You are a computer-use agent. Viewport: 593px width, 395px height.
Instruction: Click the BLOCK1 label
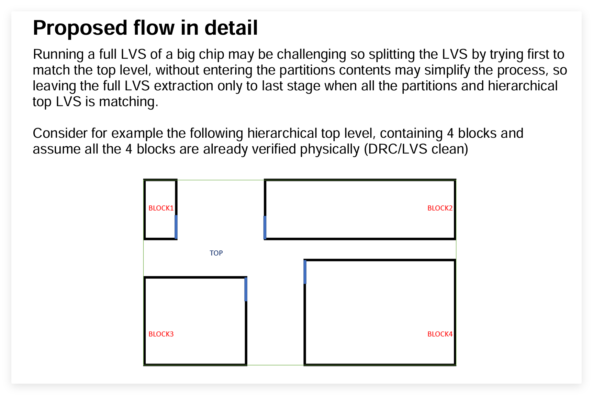(x=161, y=208)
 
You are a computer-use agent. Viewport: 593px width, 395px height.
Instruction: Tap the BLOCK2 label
(x=440, y=208)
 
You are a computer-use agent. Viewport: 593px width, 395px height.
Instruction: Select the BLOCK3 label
(x=161, y=334)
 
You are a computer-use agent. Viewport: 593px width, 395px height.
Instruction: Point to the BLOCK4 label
(x=440, y=334)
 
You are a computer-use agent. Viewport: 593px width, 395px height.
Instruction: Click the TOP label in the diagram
(x=216, y=253)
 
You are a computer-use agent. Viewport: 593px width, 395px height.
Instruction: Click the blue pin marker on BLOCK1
(x=176, y=227)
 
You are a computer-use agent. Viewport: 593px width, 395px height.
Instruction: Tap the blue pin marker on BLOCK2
(x=265, y=227)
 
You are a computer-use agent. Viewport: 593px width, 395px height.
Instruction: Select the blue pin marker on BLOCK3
(x=246, y=289)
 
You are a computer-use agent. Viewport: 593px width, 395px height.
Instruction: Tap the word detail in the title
(x=231, y=28)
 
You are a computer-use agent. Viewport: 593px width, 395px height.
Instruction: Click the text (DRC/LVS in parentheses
(x=395, y=149)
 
